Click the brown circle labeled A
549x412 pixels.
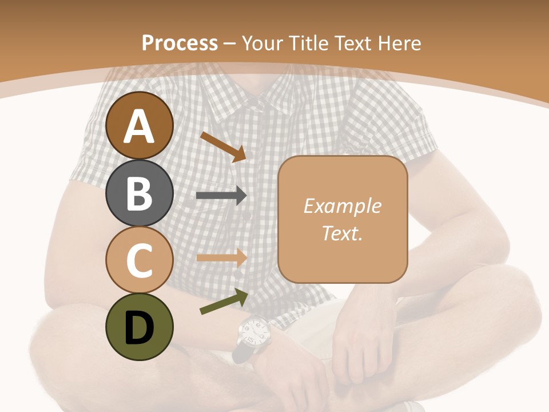point(140,126)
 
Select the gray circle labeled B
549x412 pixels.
point(140,193)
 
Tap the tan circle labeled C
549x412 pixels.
point(140,260)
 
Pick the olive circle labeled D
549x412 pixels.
point(140,327)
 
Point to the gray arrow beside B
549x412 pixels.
point(221,195)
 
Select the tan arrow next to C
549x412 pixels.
point(221,257)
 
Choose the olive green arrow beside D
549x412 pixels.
point(224,302)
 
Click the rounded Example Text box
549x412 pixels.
point(343,219)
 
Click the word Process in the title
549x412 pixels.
point(180,43)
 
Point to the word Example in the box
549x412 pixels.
point(342,206)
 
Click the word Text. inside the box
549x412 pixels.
point(342,233)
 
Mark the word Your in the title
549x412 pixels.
point(262,43)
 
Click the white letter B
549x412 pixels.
point(140,193)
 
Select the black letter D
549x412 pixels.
point(140,328)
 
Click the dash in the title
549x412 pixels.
point(230,43)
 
